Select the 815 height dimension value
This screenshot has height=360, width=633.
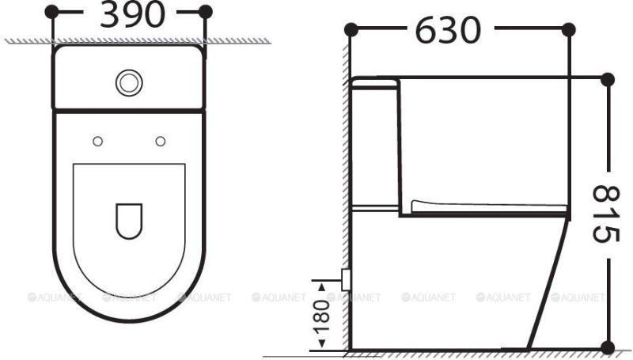pyautogui.click(x=606, y=214)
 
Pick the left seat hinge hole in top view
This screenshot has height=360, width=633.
pyautogui.click(x=97, y=141)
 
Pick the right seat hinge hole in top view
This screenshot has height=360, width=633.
pyautogui.click(x=161, y=141)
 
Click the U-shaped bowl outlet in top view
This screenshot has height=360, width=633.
pyautogui.click(x=129, y=221)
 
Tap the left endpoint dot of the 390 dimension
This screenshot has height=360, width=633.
pyautogui.click(x=52, y=11)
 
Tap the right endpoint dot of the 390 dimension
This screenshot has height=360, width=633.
pyautogui.click(x=206, y=11)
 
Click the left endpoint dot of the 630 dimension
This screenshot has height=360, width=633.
pyautogui.click(x=351, y=29)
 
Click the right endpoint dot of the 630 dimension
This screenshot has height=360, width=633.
pyautogui.click(x=568, y=29)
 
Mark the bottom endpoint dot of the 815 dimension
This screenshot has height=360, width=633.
pyautogui.click(x=607, y=347)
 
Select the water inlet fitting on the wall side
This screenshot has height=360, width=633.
pyautogui.click(x=345, y=278)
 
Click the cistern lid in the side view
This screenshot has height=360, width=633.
pyautogui.click(x=372, y=81)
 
